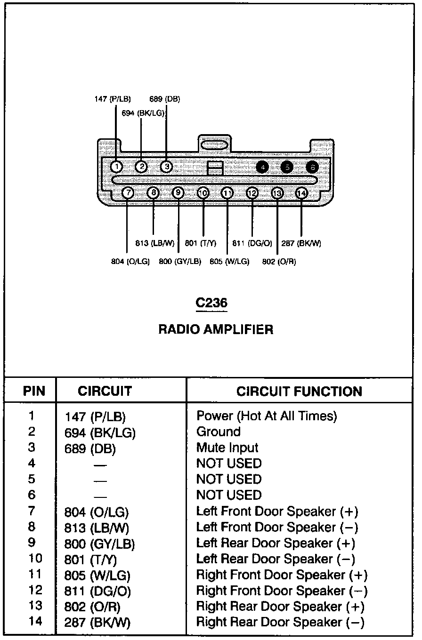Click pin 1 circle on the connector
coord(117,167)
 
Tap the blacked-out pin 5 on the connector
coord(286,167)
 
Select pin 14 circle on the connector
coord(301,193)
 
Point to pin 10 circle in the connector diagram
coord(203,193)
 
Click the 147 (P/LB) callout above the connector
coord(113,99)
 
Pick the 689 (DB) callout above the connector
coord(165,99)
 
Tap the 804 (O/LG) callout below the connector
coord(130,262)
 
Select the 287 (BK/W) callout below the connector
coord(301,243)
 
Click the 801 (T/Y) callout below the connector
coord(201,243)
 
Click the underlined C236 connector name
coord(211,303)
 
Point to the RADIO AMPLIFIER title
coord(216,329)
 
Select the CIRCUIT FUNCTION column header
coord(299,391)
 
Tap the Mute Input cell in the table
coord(227,448)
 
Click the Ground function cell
coord(218,432)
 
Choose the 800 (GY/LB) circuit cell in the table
coord(99,544)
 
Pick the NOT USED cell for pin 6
coord(228,495)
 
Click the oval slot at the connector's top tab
coord(214,144)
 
